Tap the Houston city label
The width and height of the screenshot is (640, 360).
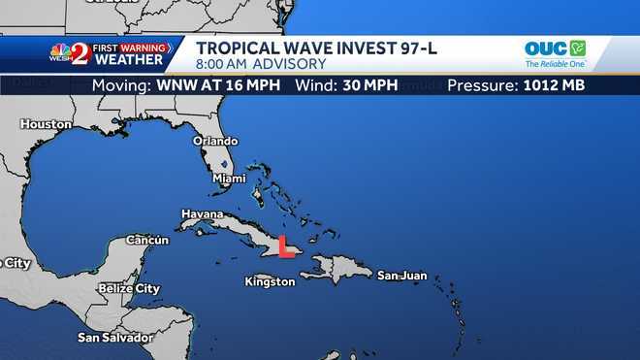(46, 124)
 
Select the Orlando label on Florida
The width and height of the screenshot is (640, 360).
(214, 141)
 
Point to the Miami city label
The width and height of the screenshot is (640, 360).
(229, 179)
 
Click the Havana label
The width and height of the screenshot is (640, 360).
(202, 213)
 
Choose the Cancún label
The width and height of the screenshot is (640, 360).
(147, 240)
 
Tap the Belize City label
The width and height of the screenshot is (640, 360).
(129, 288)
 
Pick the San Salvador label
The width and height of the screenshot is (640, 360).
(115, 338)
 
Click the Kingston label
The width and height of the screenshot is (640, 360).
(270, 281)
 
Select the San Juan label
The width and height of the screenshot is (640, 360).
(401, 276)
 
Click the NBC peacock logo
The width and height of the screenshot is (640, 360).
(60, 52)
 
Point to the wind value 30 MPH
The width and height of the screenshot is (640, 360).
(368, 85)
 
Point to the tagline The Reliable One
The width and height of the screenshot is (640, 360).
(556, 64)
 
